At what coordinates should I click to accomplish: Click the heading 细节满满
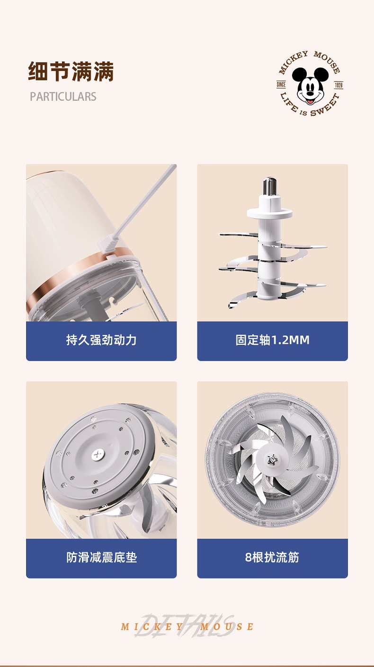71,71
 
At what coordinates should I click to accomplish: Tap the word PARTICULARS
63,97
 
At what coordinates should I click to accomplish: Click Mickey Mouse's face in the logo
310,86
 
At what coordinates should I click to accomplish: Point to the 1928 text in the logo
338,85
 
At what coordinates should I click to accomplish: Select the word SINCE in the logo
281,85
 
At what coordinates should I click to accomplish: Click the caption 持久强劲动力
101,340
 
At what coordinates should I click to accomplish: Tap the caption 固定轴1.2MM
272,340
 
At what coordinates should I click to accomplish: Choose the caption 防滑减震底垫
102,557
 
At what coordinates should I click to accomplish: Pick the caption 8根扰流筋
272,557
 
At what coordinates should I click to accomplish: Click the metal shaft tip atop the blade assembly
270,186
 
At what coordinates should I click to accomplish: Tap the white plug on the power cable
108,243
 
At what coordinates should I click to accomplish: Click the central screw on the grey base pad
98,455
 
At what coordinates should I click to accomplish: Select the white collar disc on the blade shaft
269,213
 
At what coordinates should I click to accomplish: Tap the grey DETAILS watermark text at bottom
185,625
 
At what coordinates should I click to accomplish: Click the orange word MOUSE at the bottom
227,627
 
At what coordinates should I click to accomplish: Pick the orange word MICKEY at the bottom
152,627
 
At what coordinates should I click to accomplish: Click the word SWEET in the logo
325,106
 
